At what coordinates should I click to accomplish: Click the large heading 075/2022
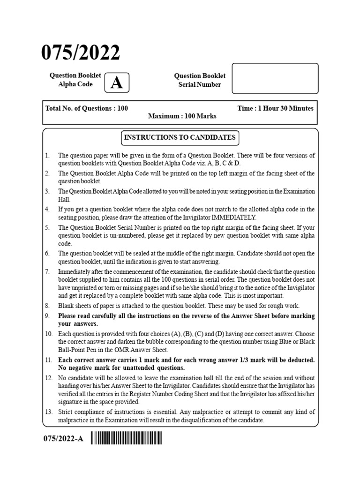tap(81, 53)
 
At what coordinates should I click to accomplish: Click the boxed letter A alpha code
tap(117, 83)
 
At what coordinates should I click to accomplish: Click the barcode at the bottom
tap(127, 439)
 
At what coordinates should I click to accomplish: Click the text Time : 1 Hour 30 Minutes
tap(275, 108)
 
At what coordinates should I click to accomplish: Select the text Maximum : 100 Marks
tap(180, 116)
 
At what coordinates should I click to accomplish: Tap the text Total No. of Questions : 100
tap(87, 108)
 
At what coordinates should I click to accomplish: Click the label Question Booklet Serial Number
tap(200, 80)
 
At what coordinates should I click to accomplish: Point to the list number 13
tap(49, 412)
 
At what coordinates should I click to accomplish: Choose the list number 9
tap(47, 316)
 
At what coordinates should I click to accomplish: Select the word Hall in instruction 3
tap(64, 200)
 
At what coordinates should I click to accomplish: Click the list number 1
tap(47, 156)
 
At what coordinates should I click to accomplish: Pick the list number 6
tap(47, 253)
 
